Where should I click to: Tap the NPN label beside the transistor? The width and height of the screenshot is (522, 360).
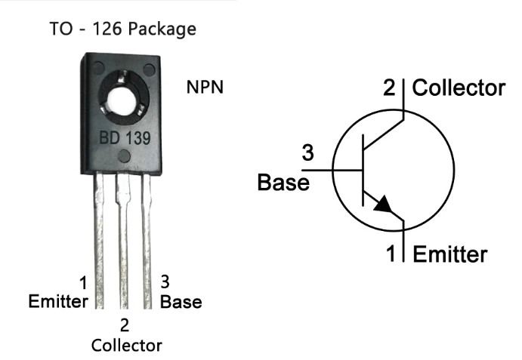coord(205,88)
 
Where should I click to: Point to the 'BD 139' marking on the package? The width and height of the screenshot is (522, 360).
coord(124,139)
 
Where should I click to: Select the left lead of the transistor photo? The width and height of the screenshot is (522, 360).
coord(98,234)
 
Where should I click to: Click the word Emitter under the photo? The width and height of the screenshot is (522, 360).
coord(58,302)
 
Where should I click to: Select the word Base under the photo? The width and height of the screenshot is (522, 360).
coord(181,302)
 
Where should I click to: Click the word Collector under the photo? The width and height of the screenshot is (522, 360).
coord(126,346)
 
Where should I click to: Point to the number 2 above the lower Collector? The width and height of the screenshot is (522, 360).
coord(125,326)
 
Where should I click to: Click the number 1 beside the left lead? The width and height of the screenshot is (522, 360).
coord(82,284)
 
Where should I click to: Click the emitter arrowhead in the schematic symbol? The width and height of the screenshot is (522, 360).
coord(384,205)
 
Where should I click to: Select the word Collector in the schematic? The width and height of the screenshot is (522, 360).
coord(459,88)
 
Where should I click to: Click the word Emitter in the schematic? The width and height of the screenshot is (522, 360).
coord(450,254)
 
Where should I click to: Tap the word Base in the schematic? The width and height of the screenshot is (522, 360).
coord(283,183)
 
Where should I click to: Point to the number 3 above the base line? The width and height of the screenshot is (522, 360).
coord(307,153)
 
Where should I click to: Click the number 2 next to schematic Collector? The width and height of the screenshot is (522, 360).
coord(390,88)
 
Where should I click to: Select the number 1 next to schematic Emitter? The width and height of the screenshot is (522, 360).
coord(392,254)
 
